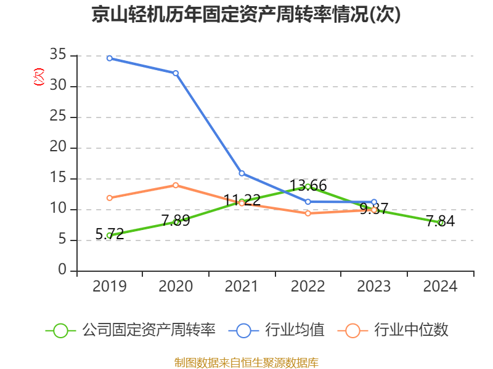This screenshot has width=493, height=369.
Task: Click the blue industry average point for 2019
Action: [110, 58]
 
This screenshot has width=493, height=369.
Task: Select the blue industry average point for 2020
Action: [176, 73]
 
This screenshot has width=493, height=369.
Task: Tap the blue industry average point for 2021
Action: [242, 173]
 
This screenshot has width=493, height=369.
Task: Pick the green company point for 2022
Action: [308, 186]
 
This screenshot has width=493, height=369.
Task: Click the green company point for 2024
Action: [441, 223]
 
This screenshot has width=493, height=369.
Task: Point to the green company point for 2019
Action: [110, 235]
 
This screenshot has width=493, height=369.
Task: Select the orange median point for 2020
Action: [176, 185]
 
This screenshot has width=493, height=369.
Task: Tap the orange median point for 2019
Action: [110, 198]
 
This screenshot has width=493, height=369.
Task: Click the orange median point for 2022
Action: [308, 213]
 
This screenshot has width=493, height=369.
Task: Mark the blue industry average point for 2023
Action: [374, 202]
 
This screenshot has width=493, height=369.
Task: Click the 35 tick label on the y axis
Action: [59, 55]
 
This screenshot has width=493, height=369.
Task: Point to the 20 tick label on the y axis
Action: [59, 148]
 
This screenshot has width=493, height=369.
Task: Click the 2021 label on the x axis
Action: [242, 287]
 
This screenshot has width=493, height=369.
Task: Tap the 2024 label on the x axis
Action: [441, 287]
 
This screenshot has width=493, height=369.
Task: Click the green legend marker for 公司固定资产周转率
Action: [60, 330]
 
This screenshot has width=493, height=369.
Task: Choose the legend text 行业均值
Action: [295, 330]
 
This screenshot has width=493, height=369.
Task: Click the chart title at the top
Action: [246, 15]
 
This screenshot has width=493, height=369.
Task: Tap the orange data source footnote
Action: [246, 362]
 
